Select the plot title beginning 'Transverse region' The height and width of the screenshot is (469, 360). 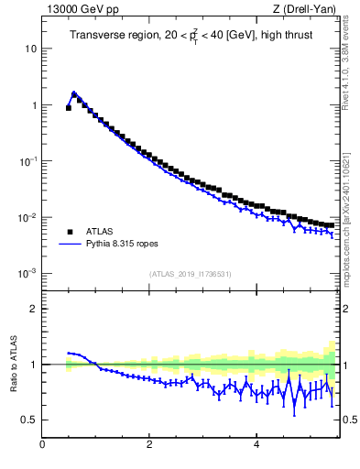[190, 36]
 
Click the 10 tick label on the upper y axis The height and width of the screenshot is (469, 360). [30, 48]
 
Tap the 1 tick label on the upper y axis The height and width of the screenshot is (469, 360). [33, 104]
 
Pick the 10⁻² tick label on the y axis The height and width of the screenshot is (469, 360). [28, 217]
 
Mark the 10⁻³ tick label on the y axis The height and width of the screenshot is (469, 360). [28, 273]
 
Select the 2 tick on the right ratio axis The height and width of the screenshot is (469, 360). [346, 309]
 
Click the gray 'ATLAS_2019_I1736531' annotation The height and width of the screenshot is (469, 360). [190, 274]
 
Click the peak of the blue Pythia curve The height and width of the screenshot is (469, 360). [74, 93]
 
